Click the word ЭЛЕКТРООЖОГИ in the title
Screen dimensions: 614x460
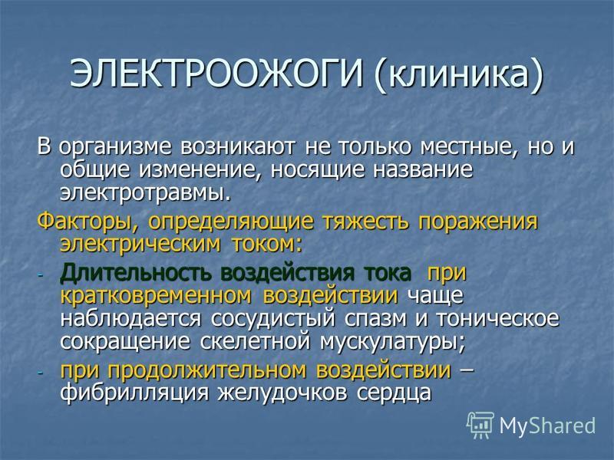[x=216, y=74]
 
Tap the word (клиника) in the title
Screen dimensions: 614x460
[x=458, y=75]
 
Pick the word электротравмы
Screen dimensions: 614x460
[x=144, y=193]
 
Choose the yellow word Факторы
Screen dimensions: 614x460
[x=88, y=222]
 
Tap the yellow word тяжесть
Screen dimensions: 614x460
[x=366, y=221]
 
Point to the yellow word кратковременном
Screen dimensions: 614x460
[x=156, y=295]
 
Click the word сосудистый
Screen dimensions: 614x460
[x=273, y=318]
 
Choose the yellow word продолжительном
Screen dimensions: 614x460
[x=207, y=370]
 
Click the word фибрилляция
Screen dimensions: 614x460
[x=134, y=393]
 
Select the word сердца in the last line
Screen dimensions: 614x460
[x=394, y=393]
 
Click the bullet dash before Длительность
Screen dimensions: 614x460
[x=41, y=275]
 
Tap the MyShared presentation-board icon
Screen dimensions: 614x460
[x=480, y=425]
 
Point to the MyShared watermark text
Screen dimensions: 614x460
[x=547, y=426]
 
